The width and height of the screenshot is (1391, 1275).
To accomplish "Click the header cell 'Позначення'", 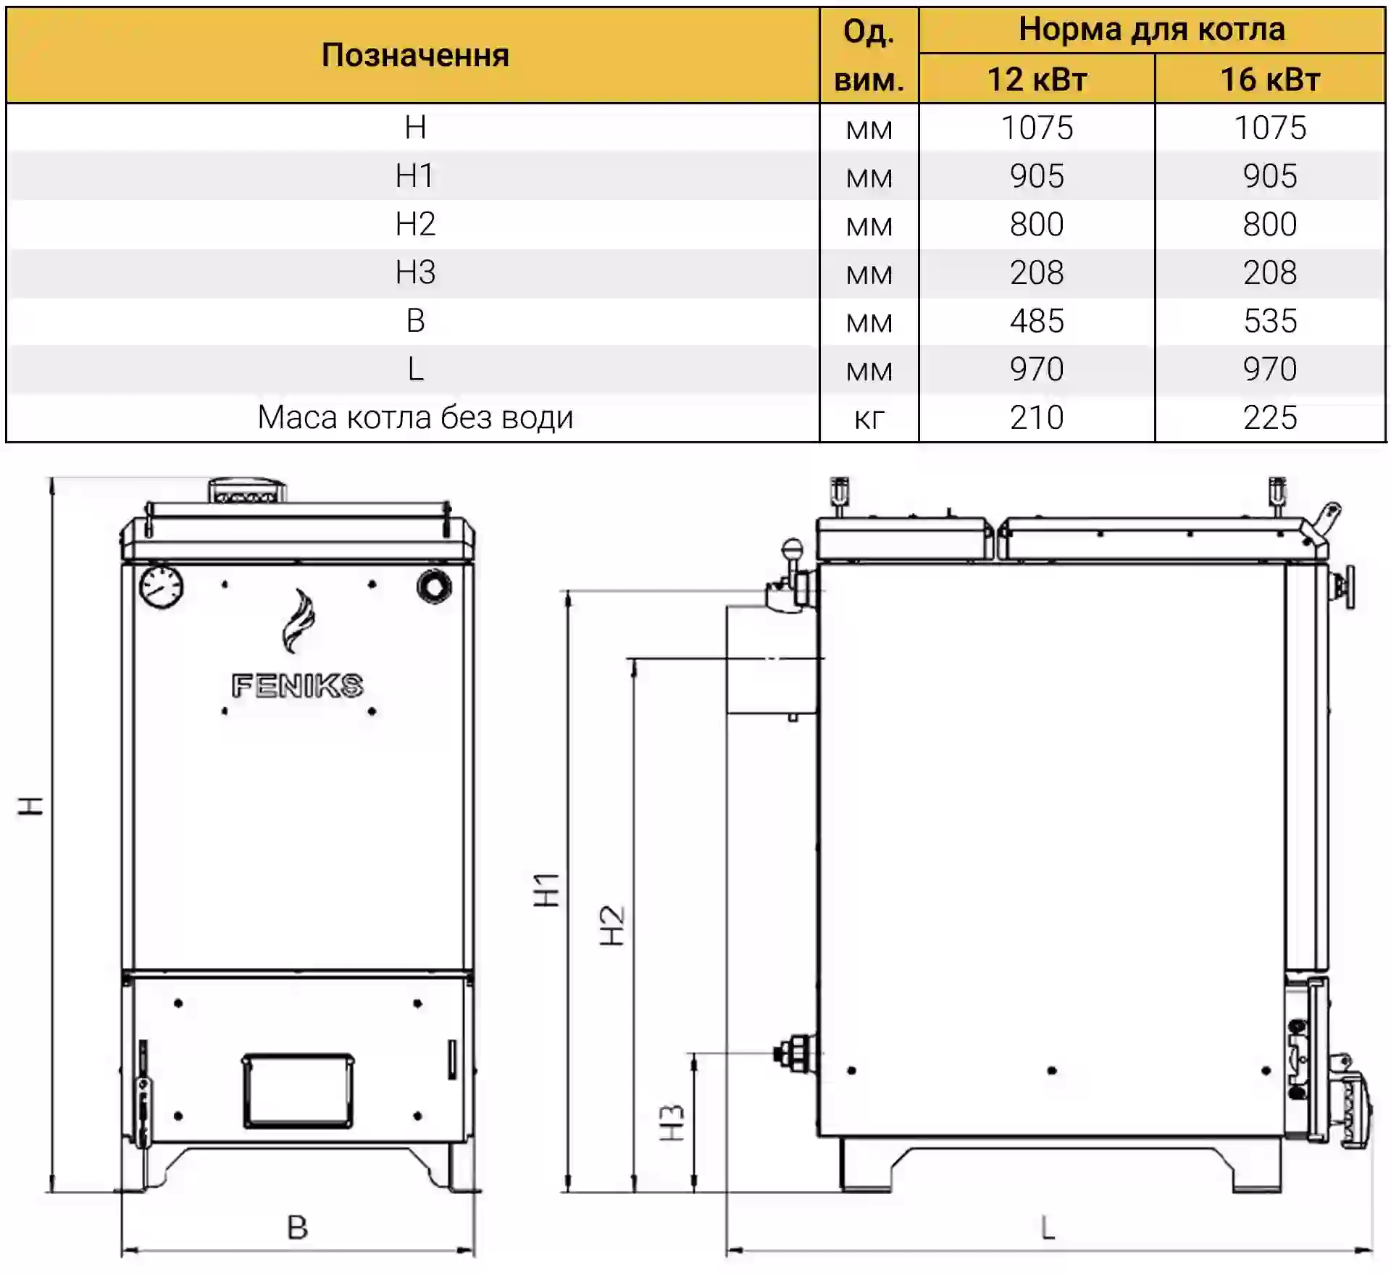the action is click(x=415, y=55).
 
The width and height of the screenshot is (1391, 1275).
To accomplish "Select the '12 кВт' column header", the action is click(x=1037, y=79).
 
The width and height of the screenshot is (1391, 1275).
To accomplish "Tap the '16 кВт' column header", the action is click(x=1270, y=79).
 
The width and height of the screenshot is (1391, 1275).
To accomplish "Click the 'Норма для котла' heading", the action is click(x=1152, y=29).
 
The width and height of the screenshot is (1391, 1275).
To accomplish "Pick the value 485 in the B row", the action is click(x=1037, y=321).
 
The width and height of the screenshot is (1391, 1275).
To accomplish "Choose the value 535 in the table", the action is click(x=1270, y=321).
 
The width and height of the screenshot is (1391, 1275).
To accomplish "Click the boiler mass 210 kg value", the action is click(x=1037, y=418).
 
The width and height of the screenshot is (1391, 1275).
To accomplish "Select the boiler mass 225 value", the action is click(x=1270, y=418).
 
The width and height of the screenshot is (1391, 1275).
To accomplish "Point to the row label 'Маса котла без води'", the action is click(x=415, y=418).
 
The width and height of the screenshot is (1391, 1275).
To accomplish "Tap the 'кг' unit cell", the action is click(x=869, y=419).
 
